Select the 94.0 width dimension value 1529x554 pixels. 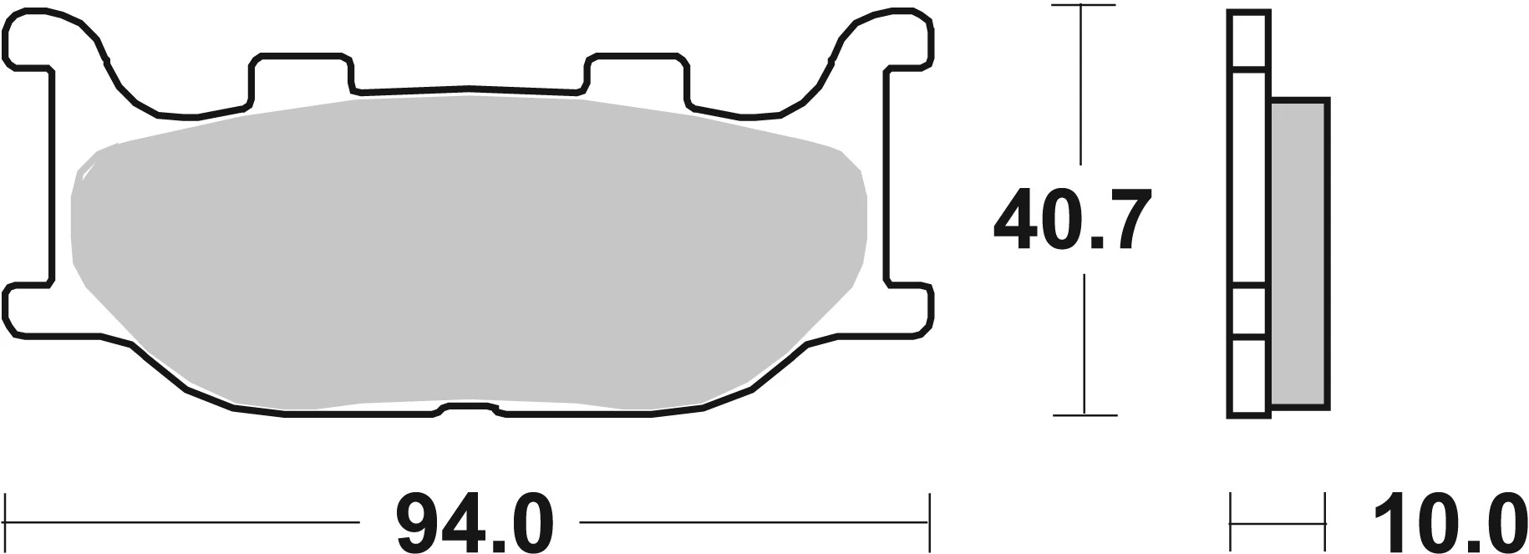point(475,523)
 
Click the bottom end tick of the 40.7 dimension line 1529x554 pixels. point(1084,414)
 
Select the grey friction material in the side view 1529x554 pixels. point(1298,255)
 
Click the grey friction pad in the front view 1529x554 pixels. point(468,251)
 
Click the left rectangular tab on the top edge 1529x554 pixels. point(301,75)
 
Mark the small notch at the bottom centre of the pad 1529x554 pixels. point(469,409)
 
